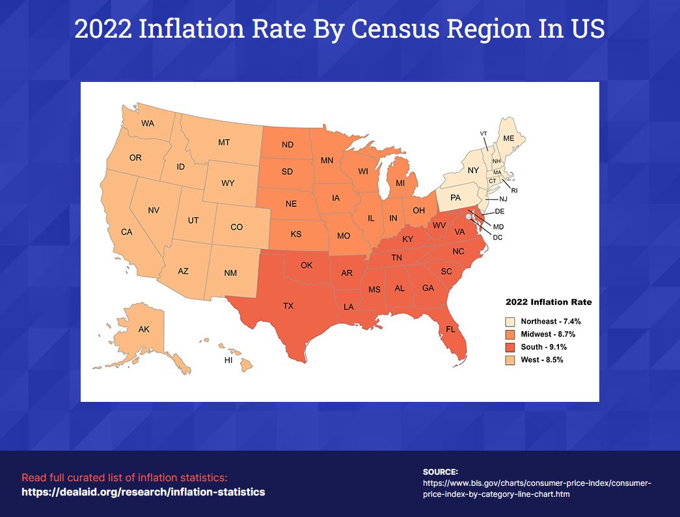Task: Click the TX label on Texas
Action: pos(288,305)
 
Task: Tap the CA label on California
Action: pos(127,232)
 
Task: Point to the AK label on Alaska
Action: pos(144,330)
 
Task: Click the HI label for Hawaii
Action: pos(228,360)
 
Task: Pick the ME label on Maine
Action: pos(509,138)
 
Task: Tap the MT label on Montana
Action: pos(224,142)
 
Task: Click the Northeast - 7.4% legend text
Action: pos(551,321)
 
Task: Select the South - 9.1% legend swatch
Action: pos(511,347)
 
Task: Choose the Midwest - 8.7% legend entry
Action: pos(547,334)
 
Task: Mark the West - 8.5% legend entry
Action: pos(541,360)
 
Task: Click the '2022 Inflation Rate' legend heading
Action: pos(549,302)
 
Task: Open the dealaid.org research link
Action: pos(143,492)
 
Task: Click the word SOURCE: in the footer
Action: pos(441,471)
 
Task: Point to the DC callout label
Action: pos(498,237)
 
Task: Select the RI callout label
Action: pos(514,191)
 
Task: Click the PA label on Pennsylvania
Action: pos(456,197)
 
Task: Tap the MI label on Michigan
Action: pos(401,183)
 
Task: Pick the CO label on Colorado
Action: pos(237,227)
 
